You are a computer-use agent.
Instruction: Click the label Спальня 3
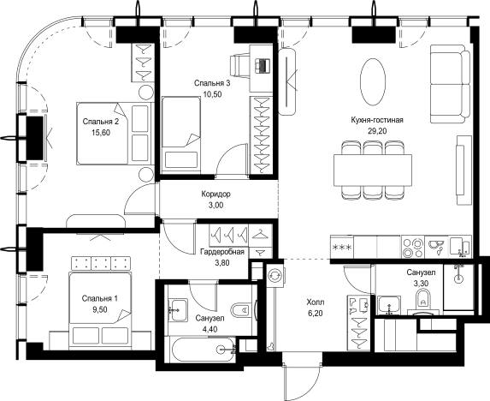[212, 83]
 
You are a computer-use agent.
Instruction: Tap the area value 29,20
[377, 131]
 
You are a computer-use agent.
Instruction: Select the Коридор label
[216, 195]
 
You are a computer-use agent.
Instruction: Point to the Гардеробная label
[222, 252]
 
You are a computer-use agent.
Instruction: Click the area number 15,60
[101, 133]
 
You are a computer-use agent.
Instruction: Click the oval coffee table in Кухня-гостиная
[373, 82]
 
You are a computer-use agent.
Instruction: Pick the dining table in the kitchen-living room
[373, 171]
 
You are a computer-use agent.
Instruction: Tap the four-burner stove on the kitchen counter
[412, 248]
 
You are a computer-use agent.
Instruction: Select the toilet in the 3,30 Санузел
[423, 300]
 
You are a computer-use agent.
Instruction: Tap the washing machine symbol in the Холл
[275, 275]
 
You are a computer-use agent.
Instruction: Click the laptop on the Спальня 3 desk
[262, 66]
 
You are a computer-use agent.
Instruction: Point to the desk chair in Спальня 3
[239, 66]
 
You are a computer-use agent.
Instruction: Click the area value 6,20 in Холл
[315, 313]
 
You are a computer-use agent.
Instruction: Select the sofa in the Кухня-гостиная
[450, 84]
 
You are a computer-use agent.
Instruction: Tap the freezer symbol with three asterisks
[342, 248]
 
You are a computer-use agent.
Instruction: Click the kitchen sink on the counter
[436, 247]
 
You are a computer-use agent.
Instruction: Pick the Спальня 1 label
[100, 299]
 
